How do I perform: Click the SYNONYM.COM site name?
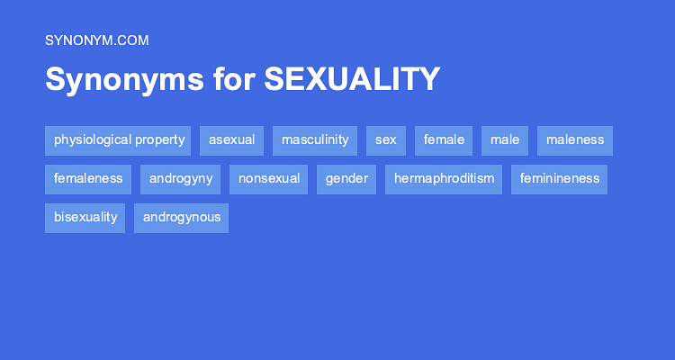pyautogui.click(x=96, y=40)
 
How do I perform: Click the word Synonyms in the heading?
pyautogui.click(x=124, y=79)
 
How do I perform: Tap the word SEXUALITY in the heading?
pyautogui.click(x=352, y=79)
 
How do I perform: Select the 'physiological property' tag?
pyautogui.click(x=118, y=140)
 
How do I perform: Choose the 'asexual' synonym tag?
pyautogui.click(x=231, y=140)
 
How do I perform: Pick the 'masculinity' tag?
pyautogui.click(x=315, y=140)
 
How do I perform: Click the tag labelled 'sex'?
pyautogui.click(x=386, y=140)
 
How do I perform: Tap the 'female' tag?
pyautogui.click(x=444, y=140)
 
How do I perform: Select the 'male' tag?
pyautogui.click(x=505, y=140)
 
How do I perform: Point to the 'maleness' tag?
pyautogui.click(x=575, y=140)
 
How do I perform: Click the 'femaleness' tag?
pyautogui.click(x=88, y=179)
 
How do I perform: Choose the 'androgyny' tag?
pyautogui.click(x=181, y=179)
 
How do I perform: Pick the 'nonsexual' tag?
pyautogui.click(x=269, y=179)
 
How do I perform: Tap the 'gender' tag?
pyautogui.click(x=346, y=179)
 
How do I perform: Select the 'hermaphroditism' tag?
pyautogui.click(x=444, y=179)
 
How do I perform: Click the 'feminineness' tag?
pyautogui.click(x=559, y=179)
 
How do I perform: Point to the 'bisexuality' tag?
pyautogui.click(x=85, y=218)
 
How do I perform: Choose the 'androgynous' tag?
pyautogui.click(x=182, y=218)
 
